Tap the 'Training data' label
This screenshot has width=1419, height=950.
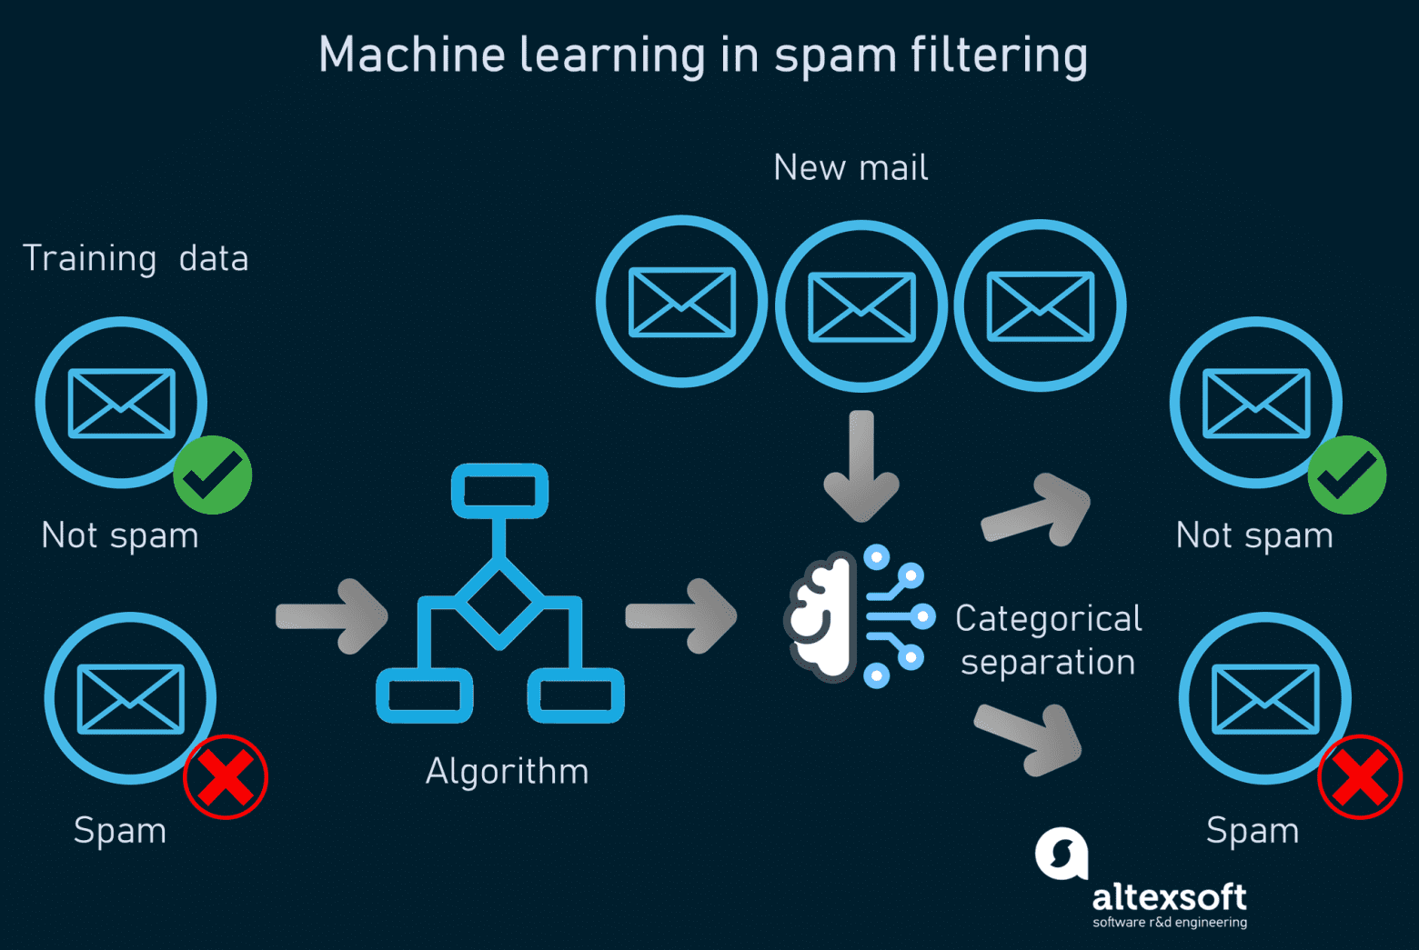(136, 259)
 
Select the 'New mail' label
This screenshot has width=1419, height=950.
(850, 168)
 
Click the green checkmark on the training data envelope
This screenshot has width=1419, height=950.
(213, 475)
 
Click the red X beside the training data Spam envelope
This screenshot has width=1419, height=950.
(226, 777)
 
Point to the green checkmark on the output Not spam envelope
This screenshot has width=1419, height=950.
(1347, 475)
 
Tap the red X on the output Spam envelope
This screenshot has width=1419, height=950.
(1360, 777)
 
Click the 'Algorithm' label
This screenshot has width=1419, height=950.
(507, 772)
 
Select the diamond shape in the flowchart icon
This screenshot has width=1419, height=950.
(499, 602)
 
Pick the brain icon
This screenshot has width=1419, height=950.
(821, 617)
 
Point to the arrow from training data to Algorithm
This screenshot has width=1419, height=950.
(333, 616)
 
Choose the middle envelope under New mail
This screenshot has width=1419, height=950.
(861, 306)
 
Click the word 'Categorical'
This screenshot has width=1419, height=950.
(1048, 619)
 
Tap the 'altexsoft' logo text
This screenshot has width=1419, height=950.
(1169, 898)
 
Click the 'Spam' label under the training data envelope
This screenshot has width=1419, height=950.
(120, 831)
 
